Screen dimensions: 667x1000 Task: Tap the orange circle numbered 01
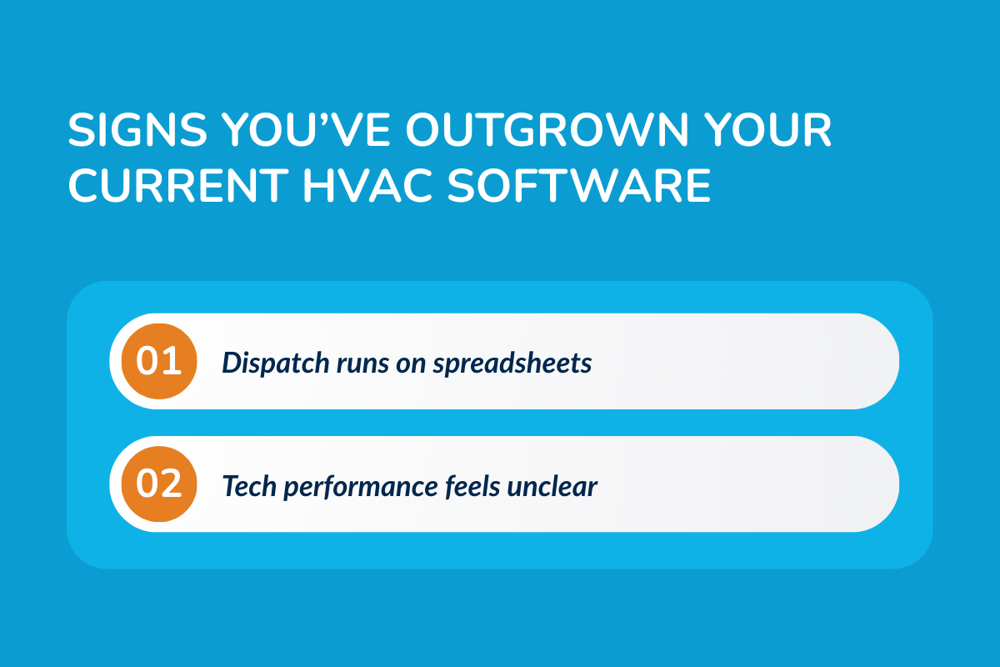(159, 362)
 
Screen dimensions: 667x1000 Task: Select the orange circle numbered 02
(159, 484)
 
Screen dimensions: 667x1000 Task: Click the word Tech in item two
(246, 486)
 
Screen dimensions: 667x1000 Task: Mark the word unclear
(551, 486)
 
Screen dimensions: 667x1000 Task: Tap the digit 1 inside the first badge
(173, 362)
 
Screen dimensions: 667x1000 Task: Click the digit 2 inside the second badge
(172, 484)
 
